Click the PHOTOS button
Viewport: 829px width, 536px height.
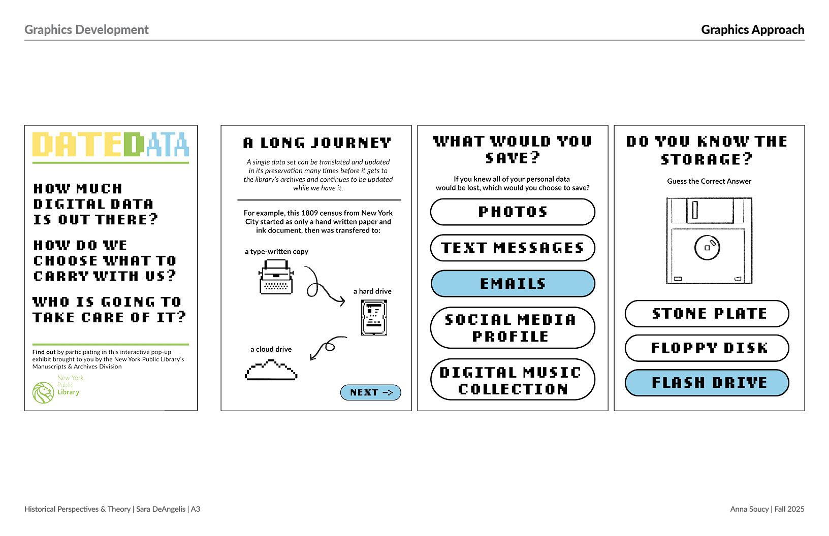pyautogui.click(x=513, y=212)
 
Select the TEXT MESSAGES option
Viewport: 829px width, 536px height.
pyautogui.click(x=513, y=248)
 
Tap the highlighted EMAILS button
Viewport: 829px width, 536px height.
pyautogui.click(x=513, y=284)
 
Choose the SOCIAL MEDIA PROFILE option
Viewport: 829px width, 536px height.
pyautogui.click(x=513, y=328)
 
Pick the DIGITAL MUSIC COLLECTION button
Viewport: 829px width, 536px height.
pyautogui.click(x=513, y=380)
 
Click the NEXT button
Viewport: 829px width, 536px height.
pyautogui.click(x=370, y=392)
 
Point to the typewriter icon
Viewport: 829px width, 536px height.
pyautogui.click(x=276, y=277)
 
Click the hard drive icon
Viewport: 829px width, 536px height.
pyautogui.click(x=374, y=318)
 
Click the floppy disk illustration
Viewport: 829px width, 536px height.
pyautogui.click(x=709, y=241)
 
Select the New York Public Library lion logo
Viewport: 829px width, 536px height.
pyautogui.click(x=43, y=392)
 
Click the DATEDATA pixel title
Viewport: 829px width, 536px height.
pyautogui.click(x=111, y=145)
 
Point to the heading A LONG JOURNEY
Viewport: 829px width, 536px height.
pyautogui.click(x=317, y=143)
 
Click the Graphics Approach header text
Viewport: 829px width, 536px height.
pyautogui.click(x=752, y=30)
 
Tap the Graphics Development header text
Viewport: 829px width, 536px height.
pyautogui.click(x=86, y=30)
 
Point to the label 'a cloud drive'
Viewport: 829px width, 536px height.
pyautogui.click(x=271, y=349)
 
